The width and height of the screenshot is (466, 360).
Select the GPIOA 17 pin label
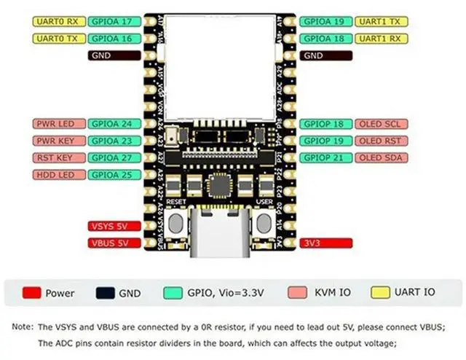coord(111,21)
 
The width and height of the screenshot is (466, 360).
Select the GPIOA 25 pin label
coord(111,174)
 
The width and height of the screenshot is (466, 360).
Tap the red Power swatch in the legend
coord(31,293)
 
